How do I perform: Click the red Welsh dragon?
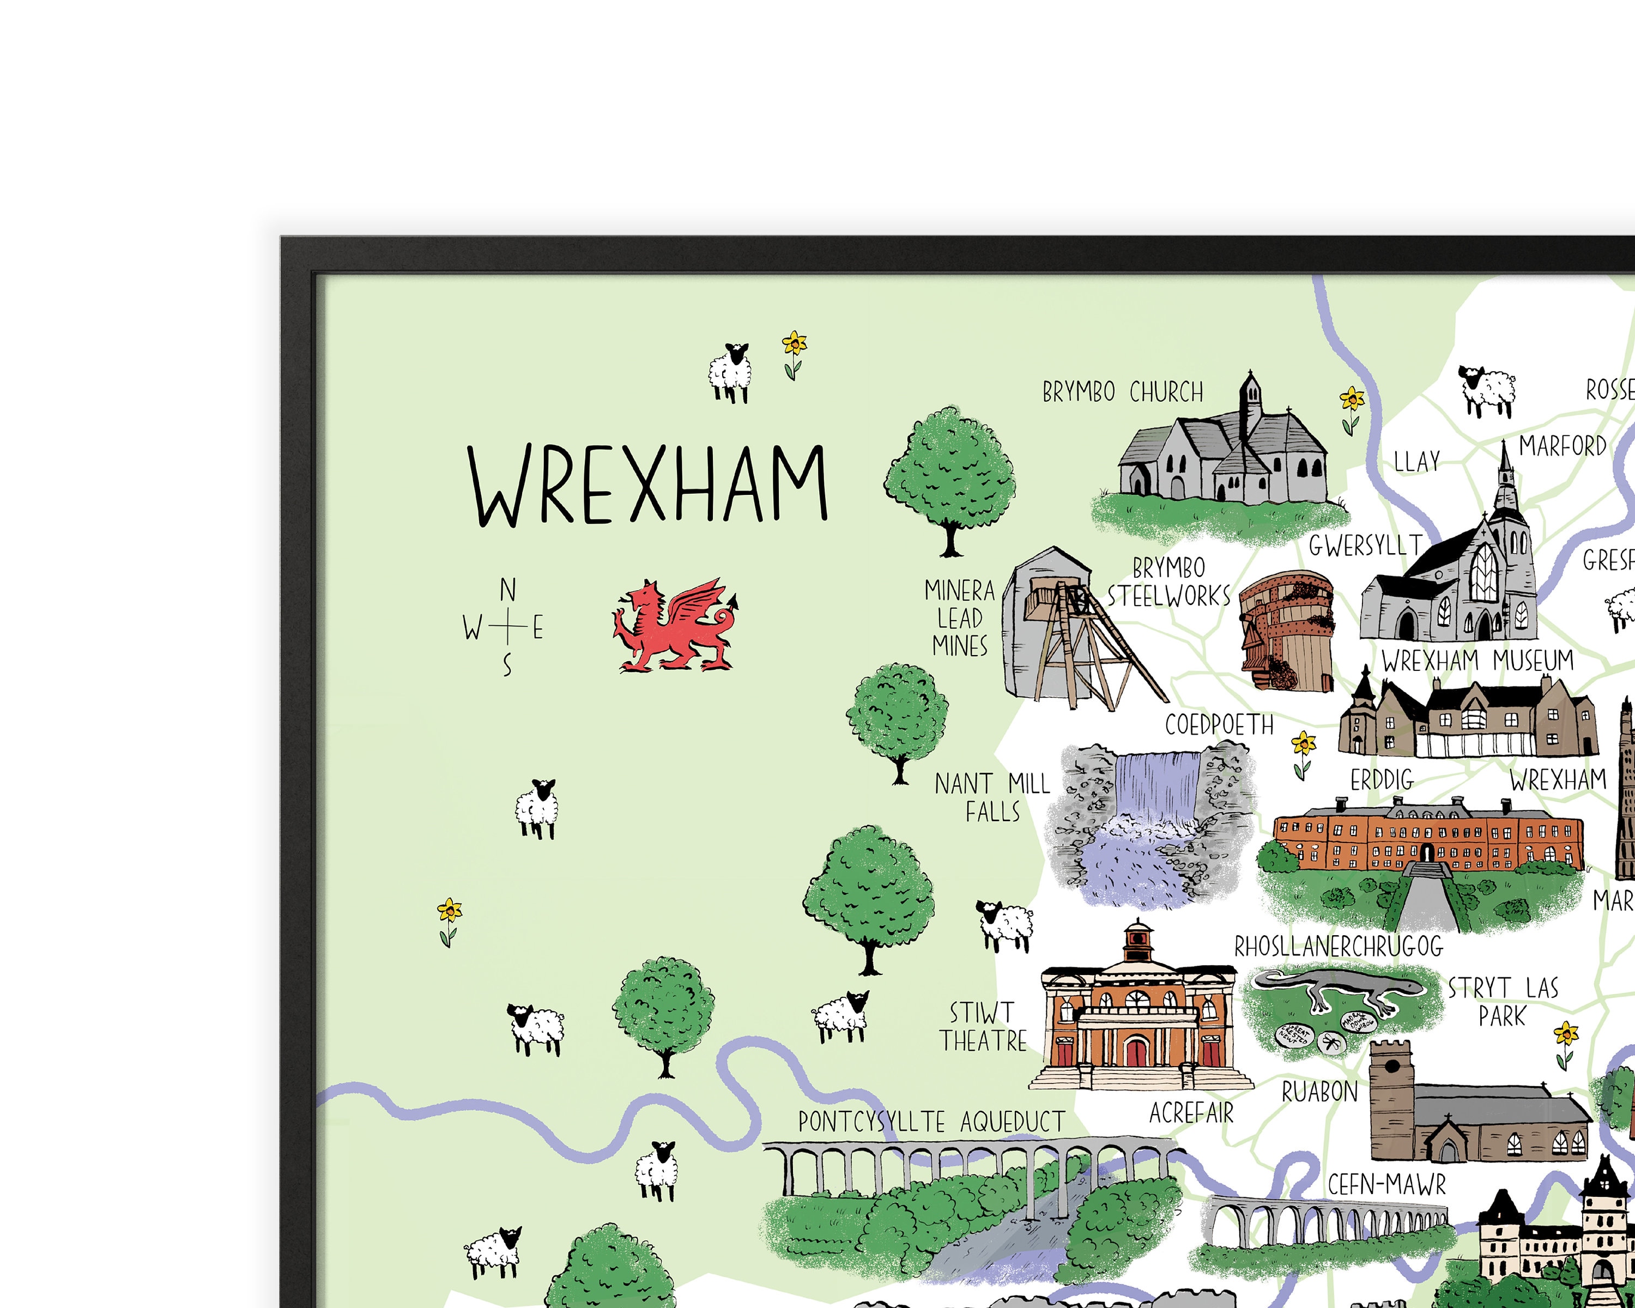[671, 627]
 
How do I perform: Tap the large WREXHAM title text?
[647, 485]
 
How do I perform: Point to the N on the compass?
[507, 590]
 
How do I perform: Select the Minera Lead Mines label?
[959, 618]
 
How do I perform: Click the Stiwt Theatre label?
[983, 1027]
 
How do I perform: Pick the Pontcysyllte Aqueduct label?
[931, 1122]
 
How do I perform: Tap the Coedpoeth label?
[1219, 725]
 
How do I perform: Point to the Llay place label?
[1416, 461]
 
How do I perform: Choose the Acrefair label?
[1191, 1113]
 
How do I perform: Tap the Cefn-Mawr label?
[1386, 1184]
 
